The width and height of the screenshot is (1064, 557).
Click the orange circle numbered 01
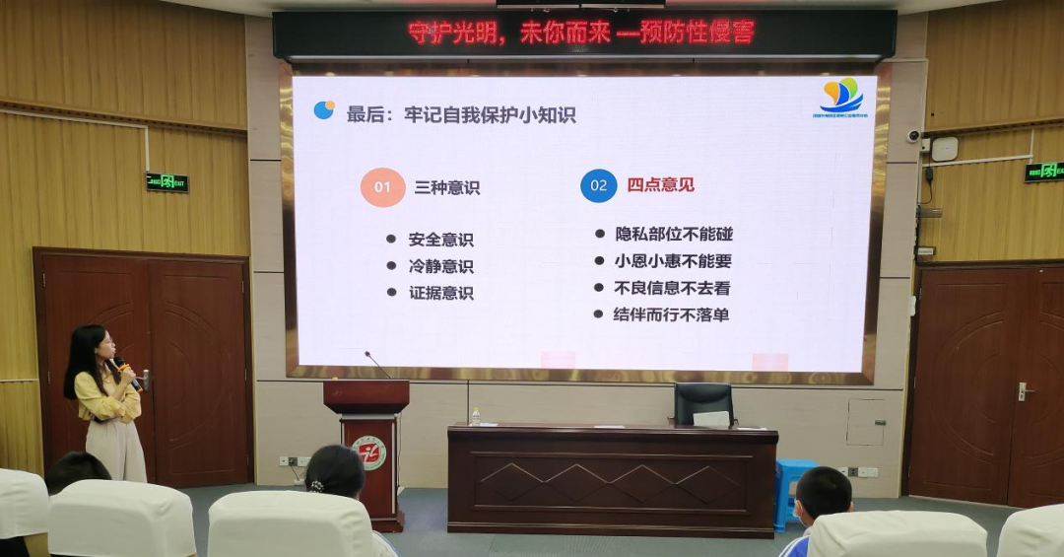(382, 186)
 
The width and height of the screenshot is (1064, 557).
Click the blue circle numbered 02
(598, 185)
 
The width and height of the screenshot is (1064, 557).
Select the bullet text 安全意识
(440, 240)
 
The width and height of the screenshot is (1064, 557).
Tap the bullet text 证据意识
(440, 293)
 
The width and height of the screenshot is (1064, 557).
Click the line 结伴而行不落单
(671, 315)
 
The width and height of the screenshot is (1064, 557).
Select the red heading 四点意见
(660, 184)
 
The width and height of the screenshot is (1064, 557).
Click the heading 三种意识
(446, 187)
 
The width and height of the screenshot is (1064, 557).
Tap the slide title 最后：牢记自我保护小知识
(461, 114)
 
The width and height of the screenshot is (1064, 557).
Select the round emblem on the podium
(368, 453)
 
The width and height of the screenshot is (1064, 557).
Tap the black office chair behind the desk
(703, 403)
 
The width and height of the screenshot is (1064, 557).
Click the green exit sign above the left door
(166, 182)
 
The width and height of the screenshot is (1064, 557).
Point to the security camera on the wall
(915, 136)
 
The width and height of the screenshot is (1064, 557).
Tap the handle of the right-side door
(1024, 391)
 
